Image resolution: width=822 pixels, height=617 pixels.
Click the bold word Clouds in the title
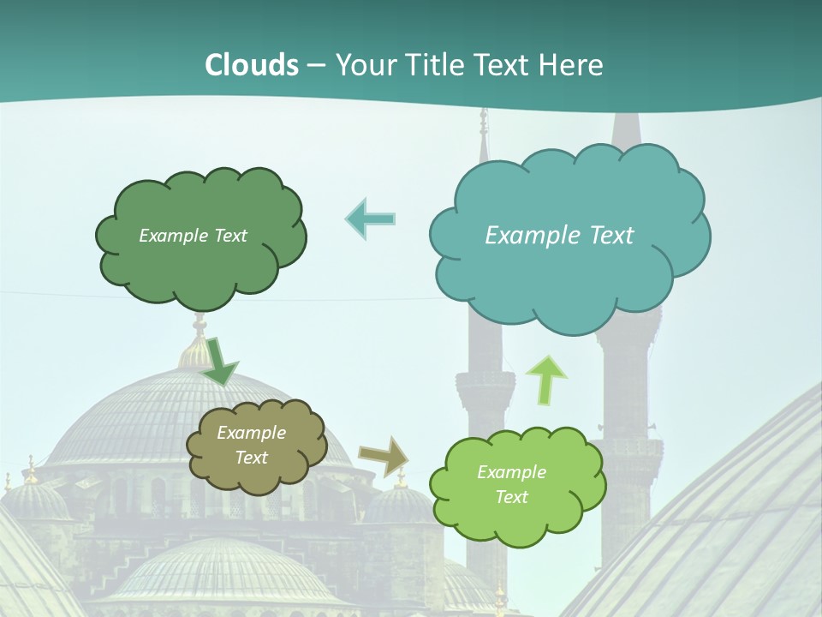[252, 65]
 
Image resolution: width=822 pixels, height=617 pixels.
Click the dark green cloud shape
[201, 266]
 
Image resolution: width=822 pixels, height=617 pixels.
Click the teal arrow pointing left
[370, 219]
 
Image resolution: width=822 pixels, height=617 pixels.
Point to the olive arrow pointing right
[383, 456]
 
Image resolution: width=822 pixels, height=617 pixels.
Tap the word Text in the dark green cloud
[229, 236]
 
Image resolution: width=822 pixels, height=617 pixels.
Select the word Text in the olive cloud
[251, 458]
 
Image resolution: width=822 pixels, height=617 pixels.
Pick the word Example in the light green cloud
[511, 472]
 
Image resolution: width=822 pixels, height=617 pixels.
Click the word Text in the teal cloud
[612, 236]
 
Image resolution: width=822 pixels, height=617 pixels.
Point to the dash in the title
[315, 65]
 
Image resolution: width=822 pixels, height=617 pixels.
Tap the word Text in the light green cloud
[511, 497]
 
